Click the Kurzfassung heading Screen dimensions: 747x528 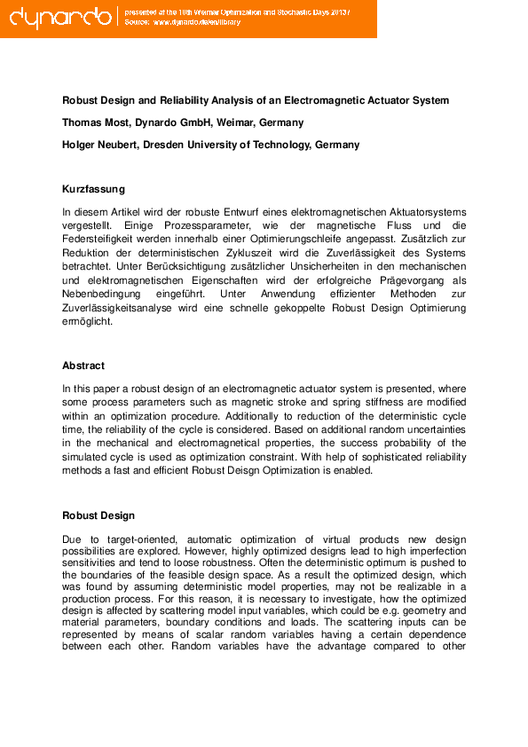(93, 189)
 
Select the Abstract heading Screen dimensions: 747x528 (83, 366)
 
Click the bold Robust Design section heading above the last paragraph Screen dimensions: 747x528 (99, 515)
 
